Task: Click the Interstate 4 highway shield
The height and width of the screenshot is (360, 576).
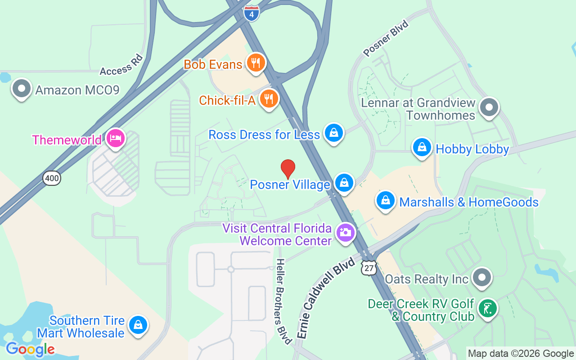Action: [x=252, y=13]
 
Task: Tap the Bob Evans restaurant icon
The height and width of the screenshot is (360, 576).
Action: [x=256, y=63]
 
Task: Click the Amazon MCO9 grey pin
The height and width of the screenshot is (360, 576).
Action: [x=21, y=88]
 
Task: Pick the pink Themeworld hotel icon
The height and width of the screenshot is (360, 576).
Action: [x=115, y=138]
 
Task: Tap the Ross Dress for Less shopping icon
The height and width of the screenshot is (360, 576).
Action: [x=333, y=133]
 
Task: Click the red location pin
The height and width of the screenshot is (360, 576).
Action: [x=288, y=169]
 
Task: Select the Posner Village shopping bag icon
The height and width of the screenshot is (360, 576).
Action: [x=344, y=183]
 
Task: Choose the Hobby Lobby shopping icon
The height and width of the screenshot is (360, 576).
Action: [x=422, y=147]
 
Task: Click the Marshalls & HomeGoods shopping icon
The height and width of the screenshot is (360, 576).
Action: [x=386, y=200]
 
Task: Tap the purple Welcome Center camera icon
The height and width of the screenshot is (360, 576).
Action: [x=346, y=233]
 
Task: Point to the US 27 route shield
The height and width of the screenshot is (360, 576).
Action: [x=369, y=268]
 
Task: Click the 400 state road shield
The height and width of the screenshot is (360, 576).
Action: [x=52, y=178]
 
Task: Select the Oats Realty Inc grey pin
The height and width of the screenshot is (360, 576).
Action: [x=482, y=278]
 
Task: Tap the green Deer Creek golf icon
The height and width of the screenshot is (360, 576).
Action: [x=487, y=308]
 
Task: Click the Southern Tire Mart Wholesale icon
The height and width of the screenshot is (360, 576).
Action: [x=138, y=324]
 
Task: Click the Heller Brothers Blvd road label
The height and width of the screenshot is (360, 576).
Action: [x=282, y=301]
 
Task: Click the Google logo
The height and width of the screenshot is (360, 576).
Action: [x=30, y=349]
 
